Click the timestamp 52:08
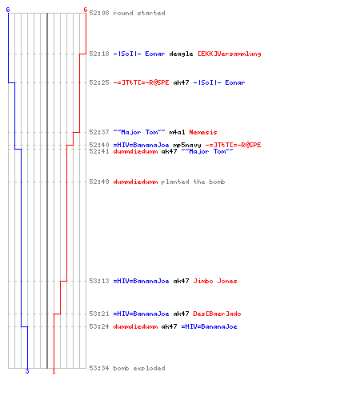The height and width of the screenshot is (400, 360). tap(99, 13)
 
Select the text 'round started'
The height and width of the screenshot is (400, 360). tap(139, 13)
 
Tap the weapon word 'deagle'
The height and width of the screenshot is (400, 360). tap(181, 54)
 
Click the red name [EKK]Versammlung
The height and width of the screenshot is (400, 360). tap(230, 54)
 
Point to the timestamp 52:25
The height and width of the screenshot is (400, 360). tap(99, 82)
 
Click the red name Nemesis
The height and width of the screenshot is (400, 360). tap(203, 132)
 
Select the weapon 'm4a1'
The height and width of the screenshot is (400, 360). tap(177, 132)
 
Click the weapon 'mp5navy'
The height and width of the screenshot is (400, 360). tap(187, 145)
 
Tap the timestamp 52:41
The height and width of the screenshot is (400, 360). tap(99, 151)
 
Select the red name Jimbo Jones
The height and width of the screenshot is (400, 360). tap(215, 281)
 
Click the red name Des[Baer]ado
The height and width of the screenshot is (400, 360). tap(217, 314)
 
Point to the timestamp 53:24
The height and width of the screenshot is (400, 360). tap(99, 326)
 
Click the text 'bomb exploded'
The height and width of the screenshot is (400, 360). tap(139, 368)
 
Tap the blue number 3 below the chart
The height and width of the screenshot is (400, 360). tap(27, 371)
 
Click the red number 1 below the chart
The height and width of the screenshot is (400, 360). tap(54, 371)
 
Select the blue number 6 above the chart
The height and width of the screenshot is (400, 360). tap(8, 10)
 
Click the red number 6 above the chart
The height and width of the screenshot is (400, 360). tap(86, 10)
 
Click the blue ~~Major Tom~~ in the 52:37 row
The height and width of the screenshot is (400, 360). tap(139, 132)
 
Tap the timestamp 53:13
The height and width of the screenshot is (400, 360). tap(99, 281)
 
